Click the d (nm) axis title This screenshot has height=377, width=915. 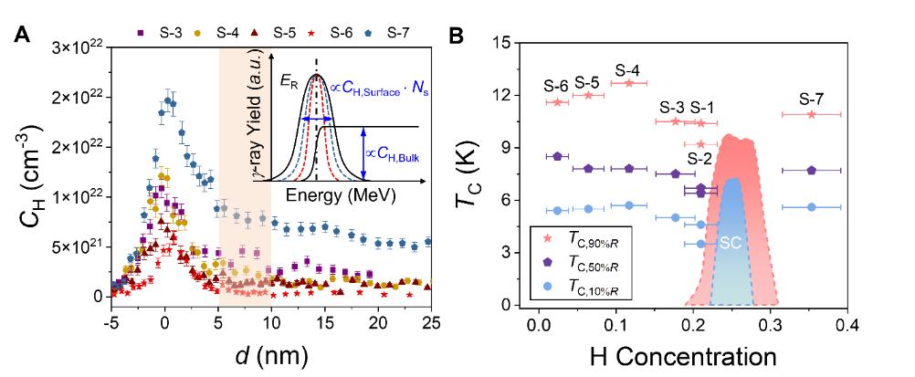tap(271, 352)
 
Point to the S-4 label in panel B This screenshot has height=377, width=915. tap(626, 69)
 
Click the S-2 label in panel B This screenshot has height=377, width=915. tap(699, 160)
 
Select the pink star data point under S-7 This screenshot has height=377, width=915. tap(811, 114)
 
